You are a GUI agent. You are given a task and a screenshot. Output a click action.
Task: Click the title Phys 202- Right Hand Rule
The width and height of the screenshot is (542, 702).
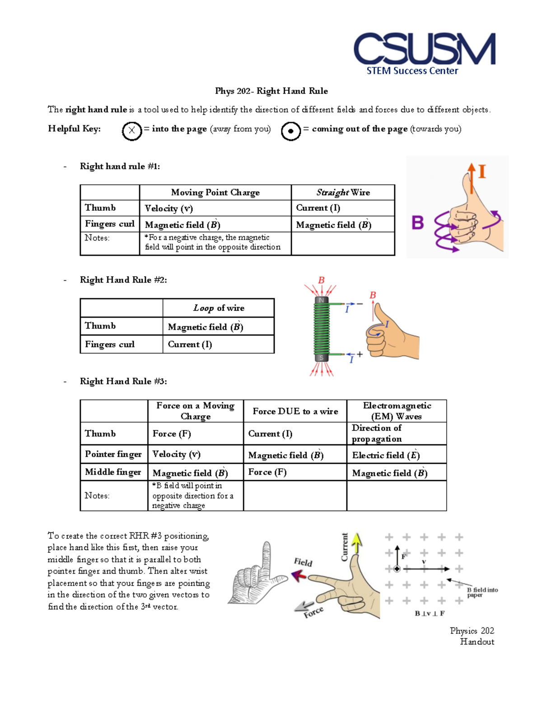click(271, 91)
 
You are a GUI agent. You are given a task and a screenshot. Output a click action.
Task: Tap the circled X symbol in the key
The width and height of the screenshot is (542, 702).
click(131, 131)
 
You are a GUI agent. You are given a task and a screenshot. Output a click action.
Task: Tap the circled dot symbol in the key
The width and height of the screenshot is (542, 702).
click(291, 131)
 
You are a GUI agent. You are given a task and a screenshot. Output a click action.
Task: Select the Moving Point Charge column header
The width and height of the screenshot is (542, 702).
click(215, 193)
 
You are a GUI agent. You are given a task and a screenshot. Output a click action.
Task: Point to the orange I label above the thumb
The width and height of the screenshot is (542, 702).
click(482, 172)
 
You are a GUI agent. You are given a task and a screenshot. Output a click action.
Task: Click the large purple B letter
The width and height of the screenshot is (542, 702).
click(417, 223)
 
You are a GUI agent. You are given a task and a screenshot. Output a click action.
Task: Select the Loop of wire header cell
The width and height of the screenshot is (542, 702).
click(219, 308)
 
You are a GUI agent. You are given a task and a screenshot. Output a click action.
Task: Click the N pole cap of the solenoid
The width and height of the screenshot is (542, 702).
click(322, 300)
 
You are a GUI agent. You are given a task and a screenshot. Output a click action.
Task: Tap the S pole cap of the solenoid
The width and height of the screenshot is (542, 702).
click(322, 358)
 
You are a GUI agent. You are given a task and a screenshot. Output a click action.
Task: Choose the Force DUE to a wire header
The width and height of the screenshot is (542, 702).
click(295, 411)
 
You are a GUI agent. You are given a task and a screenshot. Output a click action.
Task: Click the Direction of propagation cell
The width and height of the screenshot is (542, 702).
click(377, 433)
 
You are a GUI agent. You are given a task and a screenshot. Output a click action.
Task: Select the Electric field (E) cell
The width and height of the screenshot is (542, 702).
click(386, 455)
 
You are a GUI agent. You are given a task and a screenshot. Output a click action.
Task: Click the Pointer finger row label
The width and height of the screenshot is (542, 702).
click(113, 454)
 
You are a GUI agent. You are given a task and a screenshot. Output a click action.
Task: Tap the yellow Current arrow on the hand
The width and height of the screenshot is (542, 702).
click(357, 542)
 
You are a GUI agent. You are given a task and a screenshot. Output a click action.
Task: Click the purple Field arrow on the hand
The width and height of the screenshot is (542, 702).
click(299, 575)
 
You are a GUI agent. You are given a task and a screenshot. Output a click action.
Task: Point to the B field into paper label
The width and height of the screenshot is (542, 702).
click(482, 592)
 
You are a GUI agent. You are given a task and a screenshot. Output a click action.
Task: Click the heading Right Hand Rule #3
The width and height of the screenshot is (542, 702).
click(123, 382)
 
